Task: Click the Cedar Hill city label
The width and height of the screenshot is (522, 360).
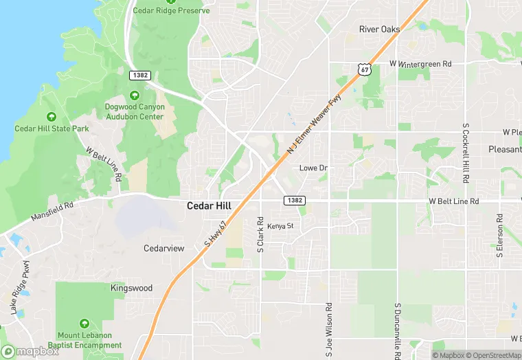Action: [209, 205]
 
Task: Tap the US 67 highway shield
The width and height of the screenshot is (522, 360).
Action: [364, 69]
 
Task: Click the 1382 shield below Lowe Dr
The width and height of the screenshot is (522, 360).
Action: [291, 200]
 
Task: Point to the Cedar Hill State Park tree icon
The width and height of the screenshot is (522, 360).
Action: [52, 117]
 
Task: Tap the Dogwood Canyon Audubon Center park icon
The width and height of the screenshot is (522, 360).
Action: [134, 95]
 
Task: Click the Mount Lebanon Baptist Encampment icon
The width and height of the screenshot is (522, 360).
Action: [84, 323]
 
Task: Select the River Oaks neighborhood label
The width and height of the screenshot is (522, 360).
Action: [379, 29]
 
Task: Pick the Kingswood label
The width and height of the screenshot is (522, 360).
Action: [131, 289]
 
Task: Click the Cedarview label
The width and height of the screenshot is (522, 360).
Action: [163, 248]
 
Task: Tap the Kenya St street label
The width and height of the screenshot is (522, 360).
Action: [280, 225]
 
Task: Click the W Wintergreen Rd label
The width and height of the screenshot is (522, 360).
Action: [420, 64]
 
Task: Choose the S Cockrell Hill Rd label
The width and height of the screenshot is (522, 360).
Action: [466, 153]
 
